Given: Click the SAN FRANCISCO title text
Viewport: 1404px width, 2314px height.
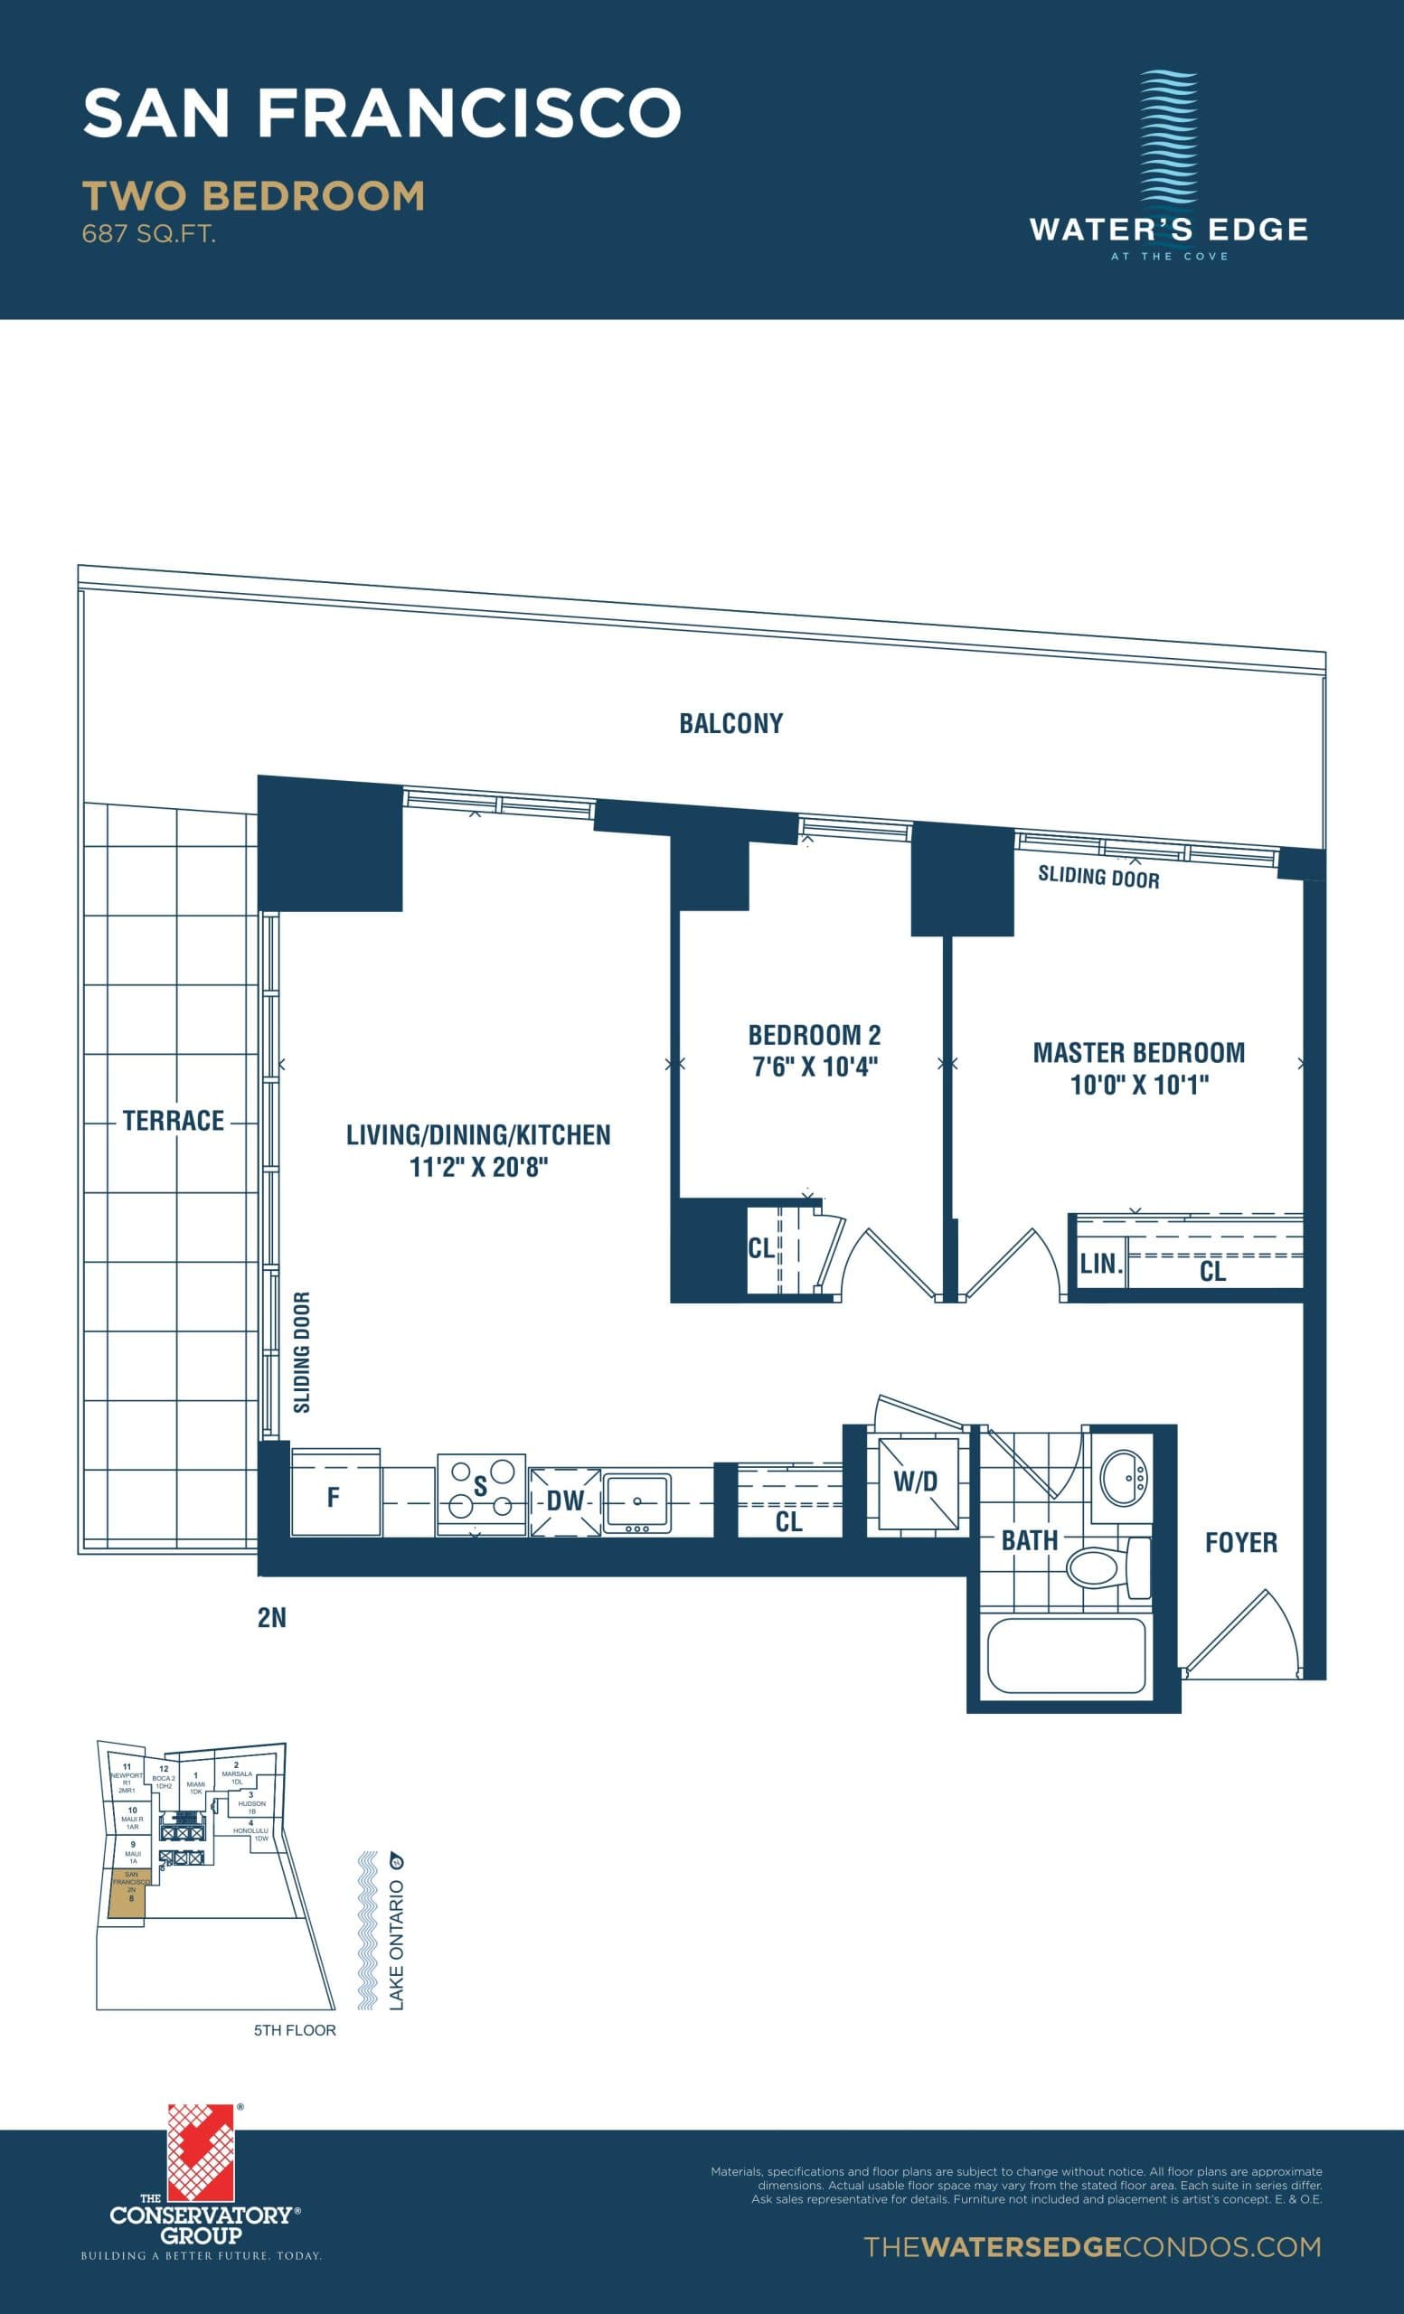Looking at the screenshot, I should click(382, 113).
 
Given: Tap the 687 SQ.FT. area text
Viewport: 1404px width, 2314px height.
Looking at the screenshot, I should click(148, 234).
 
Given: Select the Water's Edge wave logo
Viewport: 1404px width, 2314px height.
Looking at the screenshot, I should click(1168, 137).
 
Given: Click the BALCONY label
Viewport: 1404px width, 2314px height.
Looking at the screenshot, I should click(730, 723).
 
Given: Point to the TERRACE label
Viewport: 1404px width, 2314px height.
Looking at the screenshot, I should click(173, 1120).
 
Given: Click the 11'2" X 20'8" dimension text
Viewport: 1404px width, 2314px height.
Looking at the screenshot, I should click(478, 1167).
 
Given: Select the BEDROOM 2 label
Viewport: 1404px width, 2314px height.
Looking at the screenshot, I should click(815, 1035).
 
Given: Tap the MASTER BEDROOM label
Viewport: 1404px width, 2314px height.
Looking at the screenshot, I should click(1138, 1053).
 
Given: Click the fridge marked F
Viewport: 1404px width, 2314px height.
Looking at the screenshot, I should click(335, 1497).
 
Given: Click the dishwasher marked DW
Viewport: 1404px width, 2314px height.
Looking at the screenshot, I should click(565, 1500).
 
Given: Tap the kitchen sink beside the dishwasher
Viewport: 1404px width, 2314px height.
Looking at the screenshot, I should click(636, 1500).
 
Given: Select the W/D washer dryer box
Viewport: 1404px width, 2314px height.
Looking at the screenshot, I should click(916, 1482).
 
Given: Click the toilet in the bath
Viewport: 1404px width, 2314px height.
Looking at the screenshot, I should click(1104, 1566).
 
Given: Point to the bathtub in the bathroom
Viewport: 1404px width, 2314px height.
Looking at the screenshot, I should click(1066, 1655).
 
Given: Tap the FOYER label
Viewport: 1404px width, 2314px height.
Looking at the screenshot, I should click(1240, 1542).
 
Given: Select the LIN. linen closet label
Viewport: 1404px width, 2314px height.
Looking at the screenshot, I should click(1099, 1264).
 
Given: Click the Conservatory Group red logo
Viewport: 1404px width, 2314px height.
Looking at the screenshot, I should click(200, 2151).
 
